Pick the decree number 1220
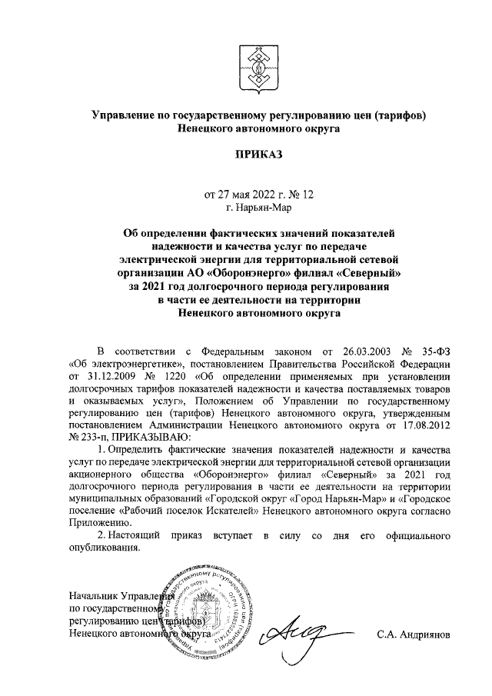(179, 377)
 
